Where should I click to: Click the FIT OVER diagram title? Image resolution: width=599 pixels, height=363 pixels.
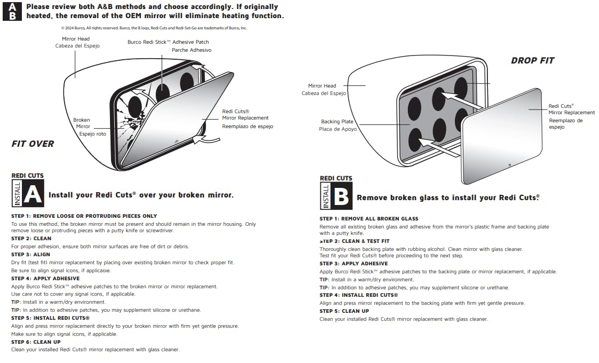pos(33,144)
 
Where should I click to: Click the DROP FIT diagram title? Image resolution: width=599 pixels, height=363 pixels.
pos(532,61)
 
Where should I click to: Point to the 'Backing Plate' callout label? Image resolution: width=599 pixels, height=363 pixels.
pos(337,122)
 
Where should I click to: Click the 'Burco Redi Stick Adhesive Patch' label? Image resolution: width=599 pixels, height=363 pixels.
pos(168,42)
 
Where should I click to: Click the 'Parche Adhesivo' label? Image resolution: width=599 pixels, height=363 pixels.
pos(191,50)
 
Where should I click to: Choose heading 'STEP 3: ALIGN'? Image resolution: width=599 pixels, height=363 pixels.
pos(31,255)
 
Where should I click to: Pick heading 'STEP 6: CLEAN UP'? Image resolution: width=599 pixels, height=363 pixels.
pos(36,342)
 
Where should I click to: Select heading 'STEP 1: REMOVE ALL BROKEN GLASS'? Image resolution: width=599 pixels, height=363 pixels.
pos(369,219)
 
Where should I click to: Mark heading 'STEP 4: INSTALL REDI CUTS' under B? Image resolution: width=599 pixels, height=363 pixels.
pos(358,295)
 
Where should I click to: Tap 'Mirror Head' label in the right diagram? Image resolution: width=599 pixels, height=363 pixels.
pos(322,86)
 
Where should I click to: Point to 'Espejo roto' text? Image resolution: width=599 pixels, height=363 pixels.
pos(92,134)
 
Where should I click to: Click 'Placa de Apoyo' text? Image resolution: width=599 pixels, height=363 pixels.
pos(338,129)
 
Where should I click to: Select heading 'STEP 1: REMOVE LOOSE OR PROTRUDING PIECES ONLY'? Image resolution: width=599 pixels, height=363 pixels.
pos(84,216)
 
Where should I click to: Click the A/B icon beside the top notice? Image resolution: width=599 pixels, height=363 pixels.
pos(12,11)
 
